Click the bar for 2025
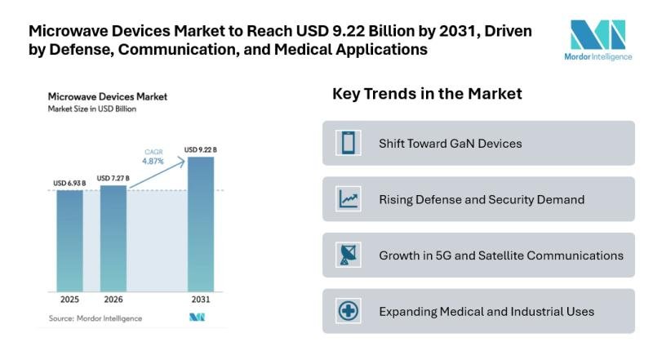tap(69, 239)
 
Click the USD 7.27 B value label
tap(113, 178)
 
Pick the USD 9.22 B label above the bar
tap(202, 149)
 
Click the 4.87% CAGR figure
tap(153, 162)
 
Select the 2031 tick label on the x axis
tap(201, 300)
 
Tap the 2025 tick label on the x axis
tap(69, 300)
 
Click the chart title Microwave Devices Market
tap(108, 96)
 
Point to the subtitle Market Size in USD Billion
tap(92, 109)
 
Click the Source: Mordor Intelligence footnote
tap(95, 318)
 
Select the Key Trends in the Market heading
tap(427, 94)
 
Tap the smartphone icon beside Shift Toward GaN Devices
tap(349, 144)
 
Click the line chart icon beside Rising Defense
tap(349, 199)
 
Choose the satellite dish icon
tap(349, 255)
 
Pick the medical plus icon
tap(349, 311)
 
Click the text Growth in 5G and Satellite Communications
tap(500, 256)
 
